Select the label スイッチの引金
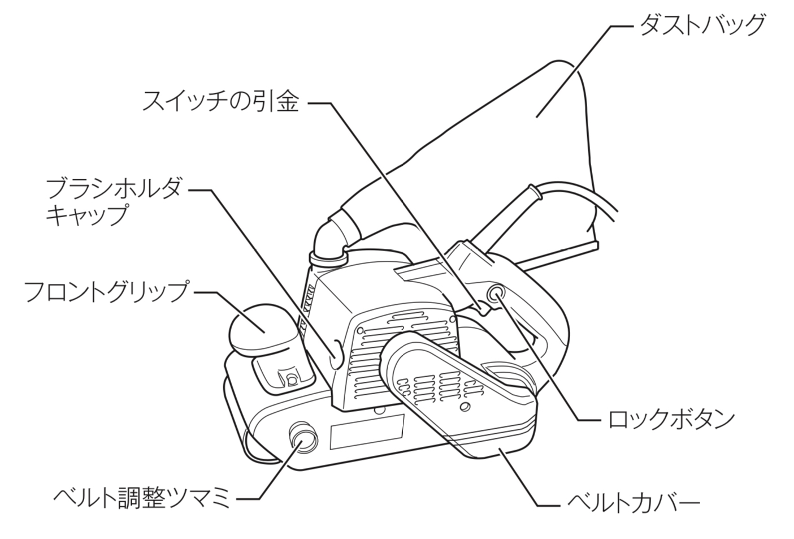220,103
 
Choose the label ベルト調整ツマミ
142,498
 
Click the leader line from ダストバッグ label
582,62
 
